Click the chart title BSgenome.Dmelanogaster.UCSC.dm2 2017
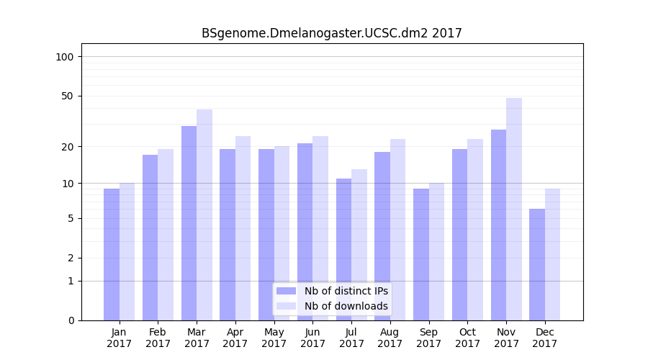point(331,33)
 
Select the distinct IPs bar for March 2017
point(189,223)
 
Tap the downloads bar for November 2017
point(514,209)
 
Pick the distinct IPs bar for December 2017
point(537,264)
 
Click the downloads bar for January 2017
point(127,251)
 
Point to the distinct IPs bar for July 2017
point(343,249)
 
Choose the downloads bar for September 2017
point(436,251)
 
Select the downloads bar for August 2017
point(398,230)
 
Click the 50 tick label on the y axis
point(68,96)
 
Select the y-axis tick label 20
point(68,147)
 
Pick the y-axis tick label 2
point(71,258)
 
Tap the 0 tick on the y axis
point(71,320)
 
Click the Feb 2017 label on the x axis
point(158,338)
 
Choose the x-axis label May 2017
point(274,338)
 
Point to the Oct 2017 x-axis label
point(467,338)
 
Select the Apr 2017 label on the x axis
point(235,338)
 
